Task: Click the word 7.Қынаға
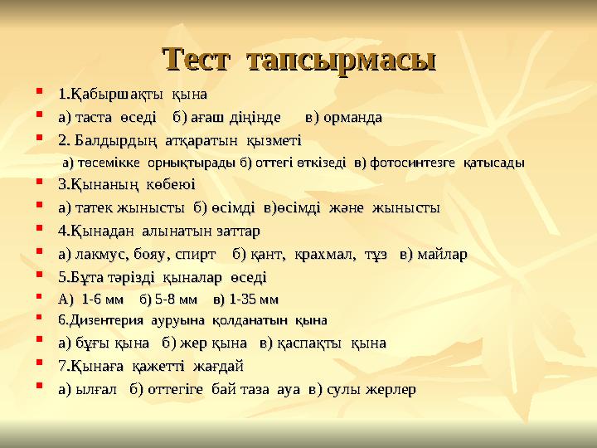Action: (92, 365)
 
